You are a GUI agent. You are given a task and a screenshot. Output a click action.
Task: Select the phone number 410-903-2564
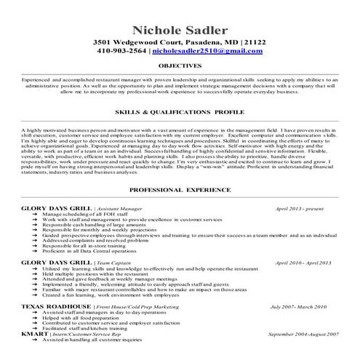pos(120,52)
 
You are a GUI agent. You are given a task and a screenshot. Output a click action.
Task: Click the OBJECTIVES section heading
pos(180,65)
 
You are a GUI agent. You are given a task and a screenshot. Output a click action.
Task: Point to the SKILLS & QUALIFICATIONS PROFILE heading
pos(180,115)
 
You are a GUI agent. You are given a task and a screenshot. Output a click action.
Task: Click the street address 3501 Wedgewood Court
pos(139,43)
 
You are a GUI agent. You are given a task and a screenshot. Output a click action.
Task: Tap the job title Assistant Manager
pos(120,208)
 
